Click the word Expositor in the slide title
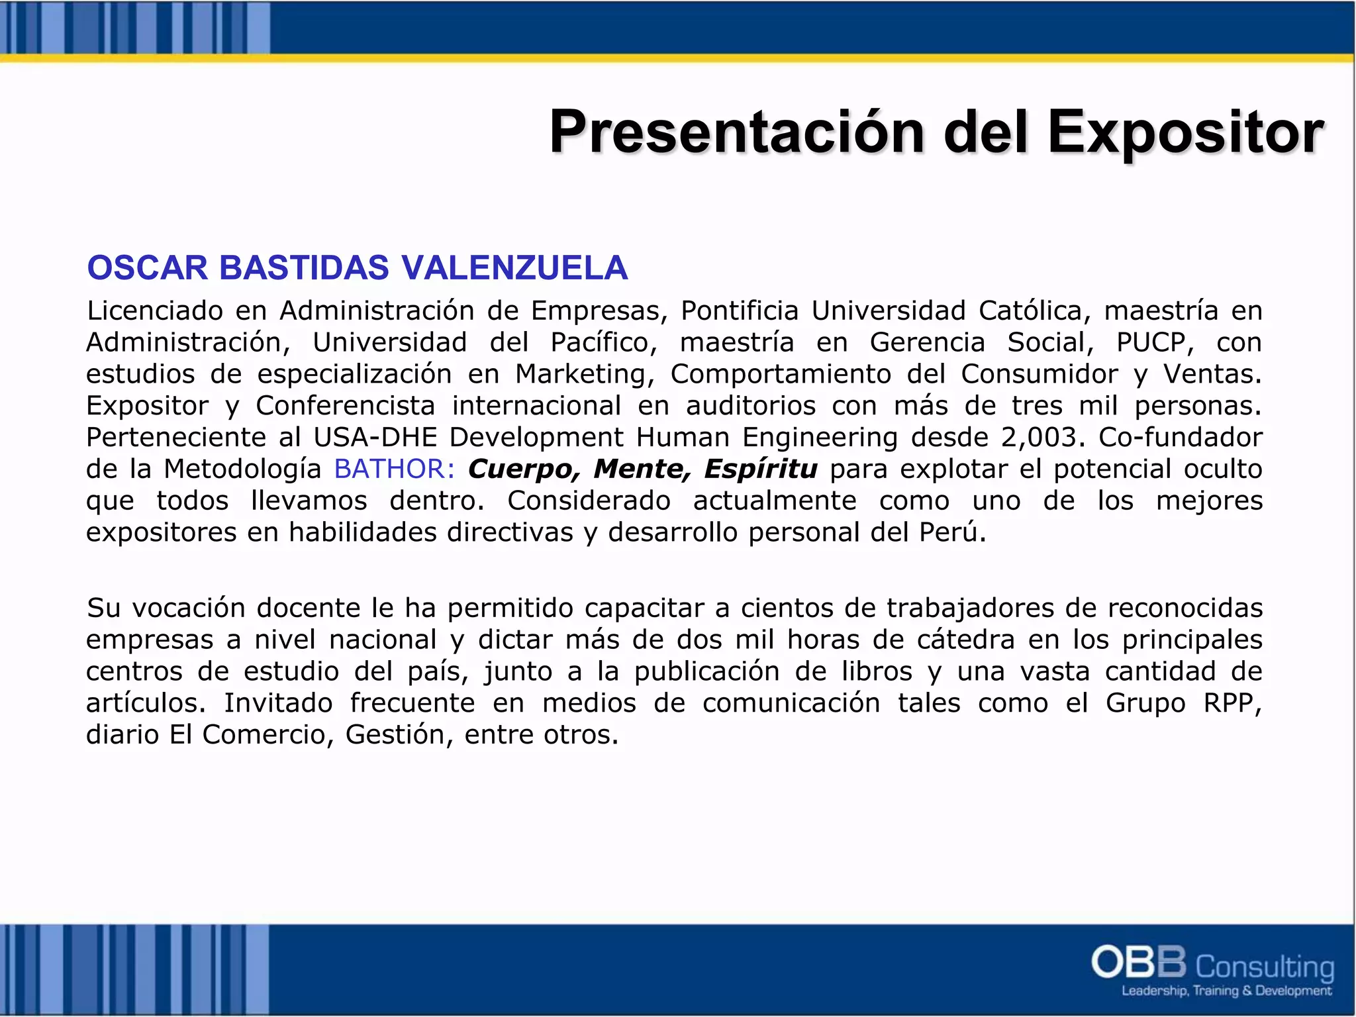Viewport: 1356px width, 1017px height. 1185,132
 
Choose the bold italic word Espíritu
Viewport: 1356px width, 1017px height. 761,469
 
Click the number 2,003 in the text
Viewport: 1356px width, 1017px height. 1043,437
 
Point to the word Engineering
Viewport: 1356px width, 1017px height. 820,437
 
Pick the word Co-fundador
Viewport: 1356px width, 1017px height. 1181,437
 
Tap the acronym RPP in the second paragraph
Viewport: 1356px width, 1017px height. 1231,703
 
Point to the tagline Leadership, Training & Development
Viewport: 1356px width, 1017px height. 1226,991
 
